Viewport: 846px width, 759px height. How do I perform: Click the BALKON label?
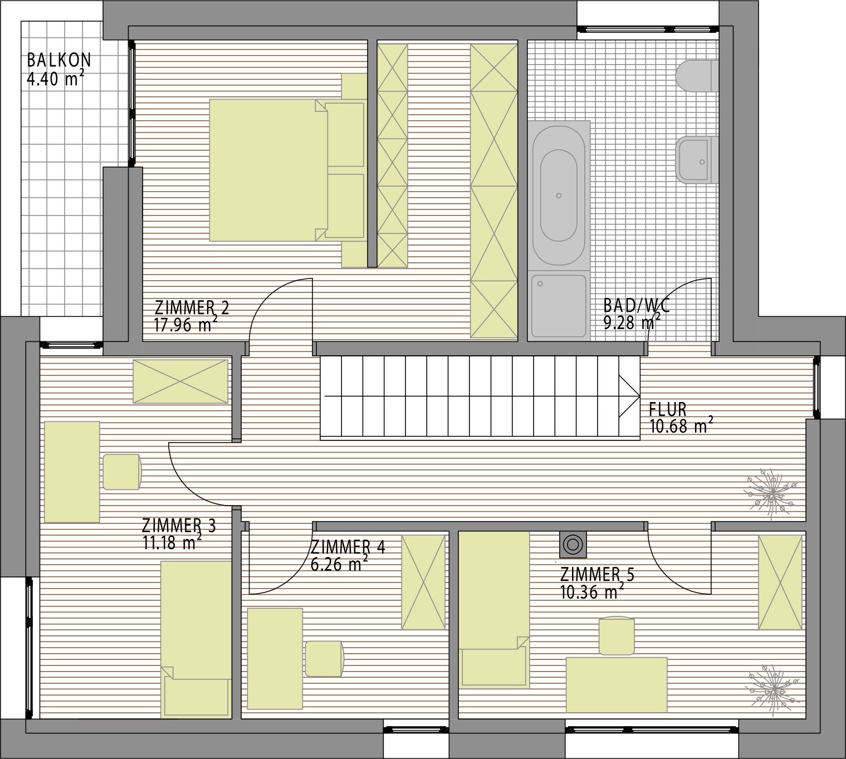pyautogui.click(x=58, y=60)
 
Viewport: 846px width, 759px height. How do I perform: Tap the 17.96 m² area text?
pyautogui.click(x=185, y=324)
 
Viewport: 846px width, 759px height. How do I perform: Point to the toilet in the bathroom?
pyautogui.click(x=697, y=76)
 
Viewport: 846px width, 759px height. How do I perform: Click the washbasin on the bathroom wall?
pyautogui.click(x=697, y=160)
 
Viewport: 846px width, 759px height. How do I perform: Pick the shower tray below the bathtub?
pyautogui.click(x=559, y=306)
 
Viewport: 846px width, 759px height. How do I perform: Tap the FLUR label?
pyautogui.click(x=668, y=409)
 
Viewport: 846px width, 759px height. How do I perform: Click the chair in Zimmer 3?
pyautogui.click(x=122, y=472)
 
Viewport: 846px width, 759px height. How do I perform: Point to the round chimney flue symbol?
pyautogui.click(x=573, y=545)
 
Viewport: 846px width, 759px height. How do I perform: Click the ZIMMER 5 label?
pyautogui.click(x=597, y=575)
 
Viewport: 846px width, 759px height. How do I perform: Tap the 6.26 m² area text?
pyautogui.click(x=339, y=564)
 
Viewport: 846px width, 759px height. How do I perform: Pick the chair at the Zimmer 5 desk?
pyautogui.click(x=617, y=636)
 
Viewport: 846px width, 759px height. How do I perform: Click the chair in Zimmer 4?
pyautogui.click(x=325, y=659)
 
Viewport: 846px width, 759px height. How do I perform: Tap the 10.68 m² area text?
pyautogui.click(x=681, y=425)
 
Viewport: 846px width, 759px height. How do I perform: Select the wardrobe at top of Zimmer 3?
pyautogui.click(x=180, y=381)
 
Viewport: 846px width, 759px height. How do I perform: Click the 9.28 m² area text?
pyautogui.click(x=632, y=322)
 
